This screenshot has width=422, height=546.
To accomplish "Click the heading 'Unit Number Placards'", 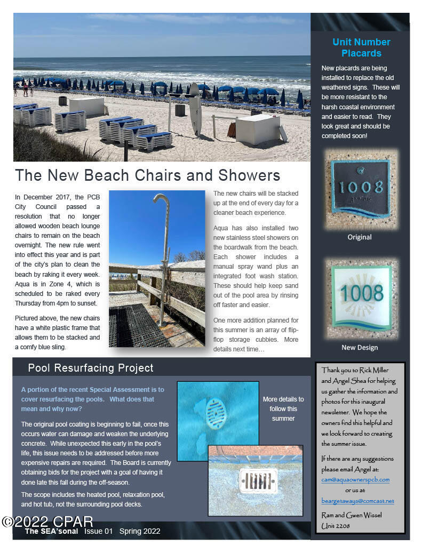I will click(361, 47).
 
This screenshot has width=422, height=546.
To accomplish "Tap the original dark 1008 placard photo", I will click(362, 189).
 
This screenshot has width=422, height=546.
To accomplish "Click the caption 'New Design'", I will click(360, 348).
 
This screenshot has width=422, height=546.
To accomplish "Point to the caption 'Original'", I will click(360, 237).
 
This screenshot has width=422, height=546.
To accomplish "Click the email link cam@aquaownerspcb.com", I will click(355, 479).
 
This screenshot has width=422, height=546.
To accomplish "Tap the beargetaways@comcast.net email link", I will click(357, 501).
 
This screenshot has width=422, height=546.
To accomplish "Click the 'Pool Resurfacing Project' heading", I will click(91, 368).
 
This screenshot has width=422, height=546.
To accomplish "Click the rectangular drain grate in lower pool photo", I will click(259, 480).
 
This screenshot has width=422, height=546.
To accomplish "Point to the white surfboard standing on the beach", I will click(195, 109).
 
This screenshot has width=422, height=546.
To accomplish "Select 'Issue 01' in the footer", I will click(99, 531).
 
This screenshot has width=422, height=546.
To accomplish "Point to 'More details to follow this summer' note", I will click(283, 408).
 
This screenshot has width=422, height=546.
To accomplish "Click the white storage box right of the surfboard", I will click(258, 129).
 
